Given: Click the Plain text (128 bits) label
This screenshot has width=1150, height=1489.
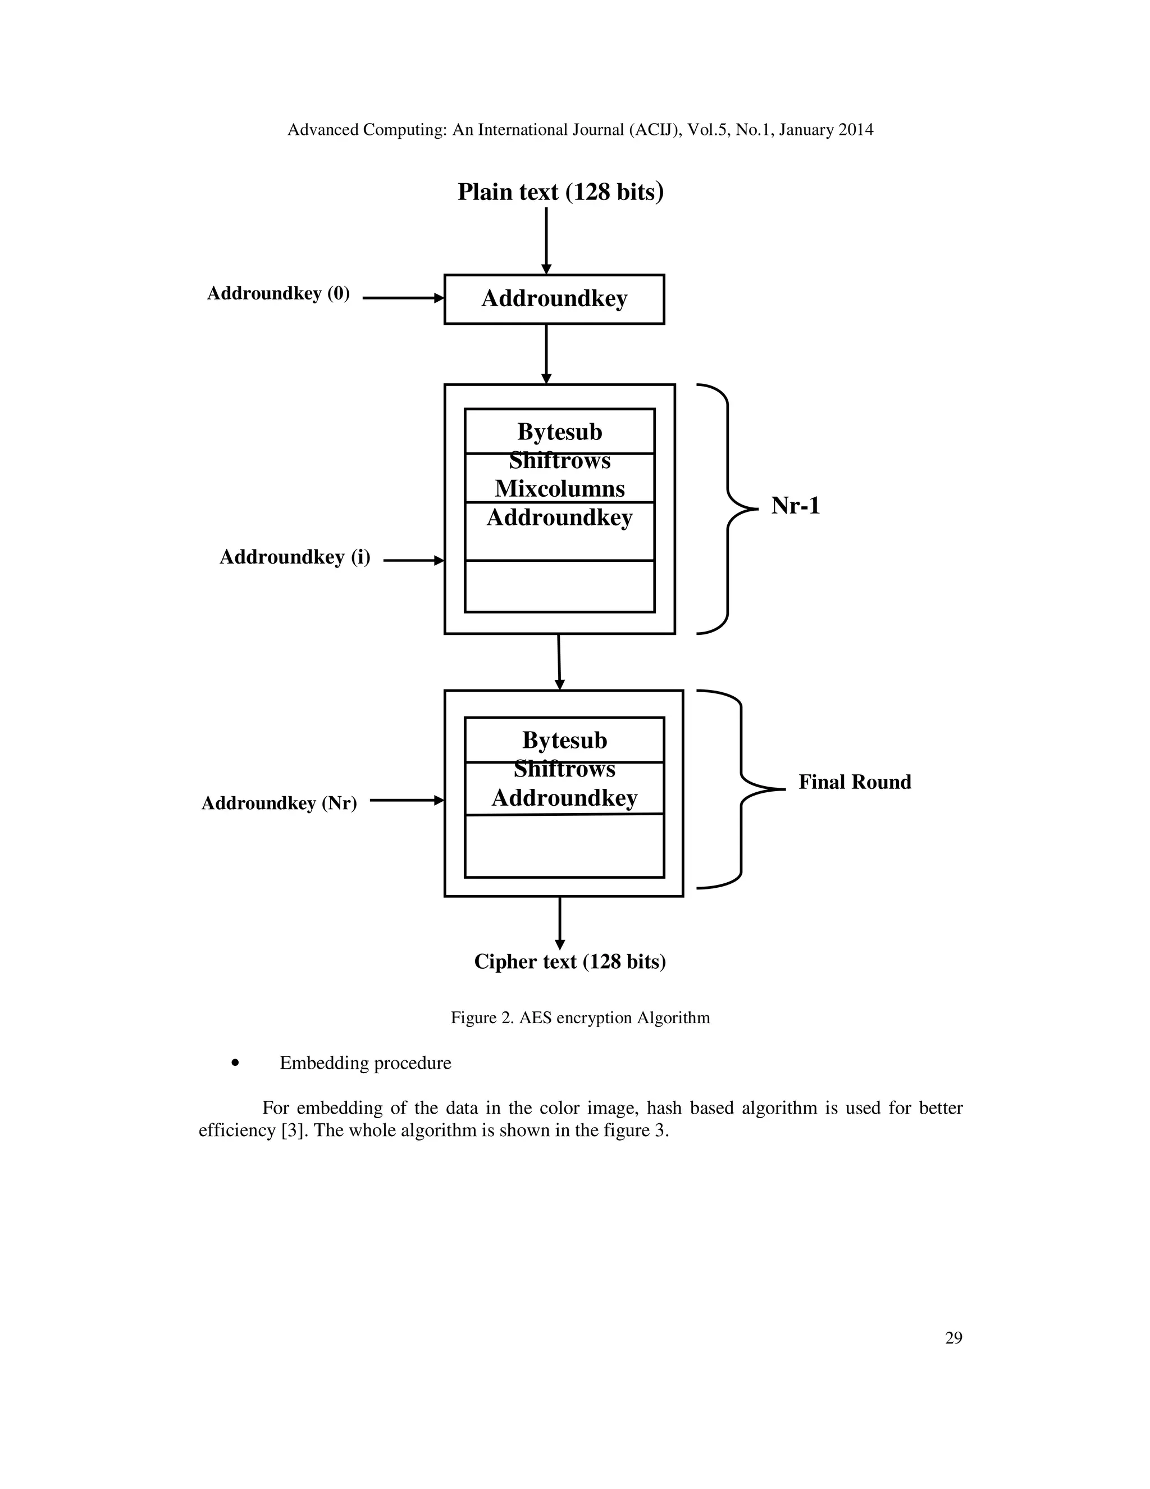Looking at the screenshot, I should coord(560,192).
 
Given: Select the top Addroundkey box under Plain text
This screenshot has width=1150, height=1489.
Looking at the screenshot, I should coord(554,299).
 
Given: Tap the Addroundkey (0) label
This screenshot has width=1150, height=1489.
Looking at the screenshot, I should coord(278,293).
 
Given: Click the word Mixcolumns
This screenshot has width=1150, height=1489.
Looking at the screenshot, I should coord(559,489).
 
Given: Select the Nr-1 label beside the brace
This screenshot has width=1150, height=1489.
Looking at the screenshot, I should coord(795,506).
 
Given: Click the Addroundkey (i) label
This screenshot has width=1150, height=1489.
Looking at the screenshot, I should coord(294,558).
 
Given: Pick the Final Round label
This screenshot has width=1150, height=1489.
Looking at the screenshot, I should coord(854,782).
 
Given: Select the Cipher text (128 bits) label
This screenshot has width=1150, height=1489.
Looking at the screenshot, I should coord(569,962).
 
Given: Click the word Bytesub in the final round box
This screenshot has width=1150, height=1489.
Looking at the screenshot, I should coord(564,741).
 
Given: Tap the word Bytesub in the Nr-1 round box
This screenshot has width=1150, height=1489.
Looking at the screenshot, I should coord(559,432).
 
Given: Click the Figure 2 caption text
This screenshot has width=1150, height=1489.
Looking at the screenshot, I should coord(579,1018).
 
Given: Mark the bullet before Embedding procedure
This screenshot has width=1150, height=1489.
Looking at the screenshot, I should coord(236,1063).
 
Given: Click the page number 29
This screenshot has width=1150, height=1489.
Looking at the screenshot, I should coord(953,1338).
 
